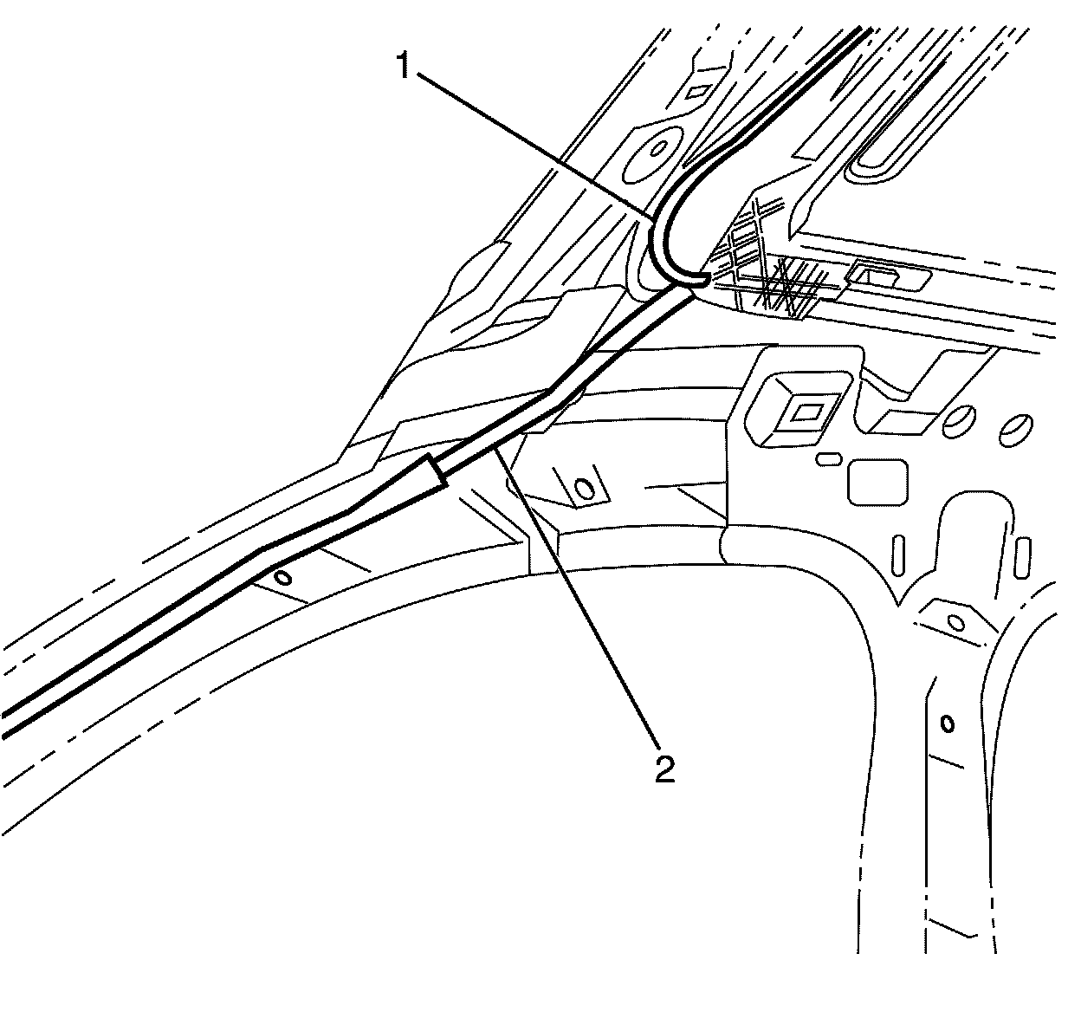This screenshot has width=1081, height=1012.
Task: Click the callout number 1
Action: coord(403,66)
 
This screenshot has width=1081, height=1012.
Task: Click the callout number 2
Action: coord(665,768)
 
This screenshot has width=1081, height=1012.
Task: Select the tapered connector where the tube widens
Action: coord(433,471)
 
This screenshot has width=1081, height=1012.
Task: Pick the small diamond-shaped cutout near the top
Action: coord(697,90)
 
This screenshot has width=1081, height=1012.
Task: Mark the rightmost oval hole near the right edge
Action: coord(1014,427)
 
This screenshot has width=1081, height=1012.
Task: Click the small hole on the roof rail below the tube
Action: coord(282,577)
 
